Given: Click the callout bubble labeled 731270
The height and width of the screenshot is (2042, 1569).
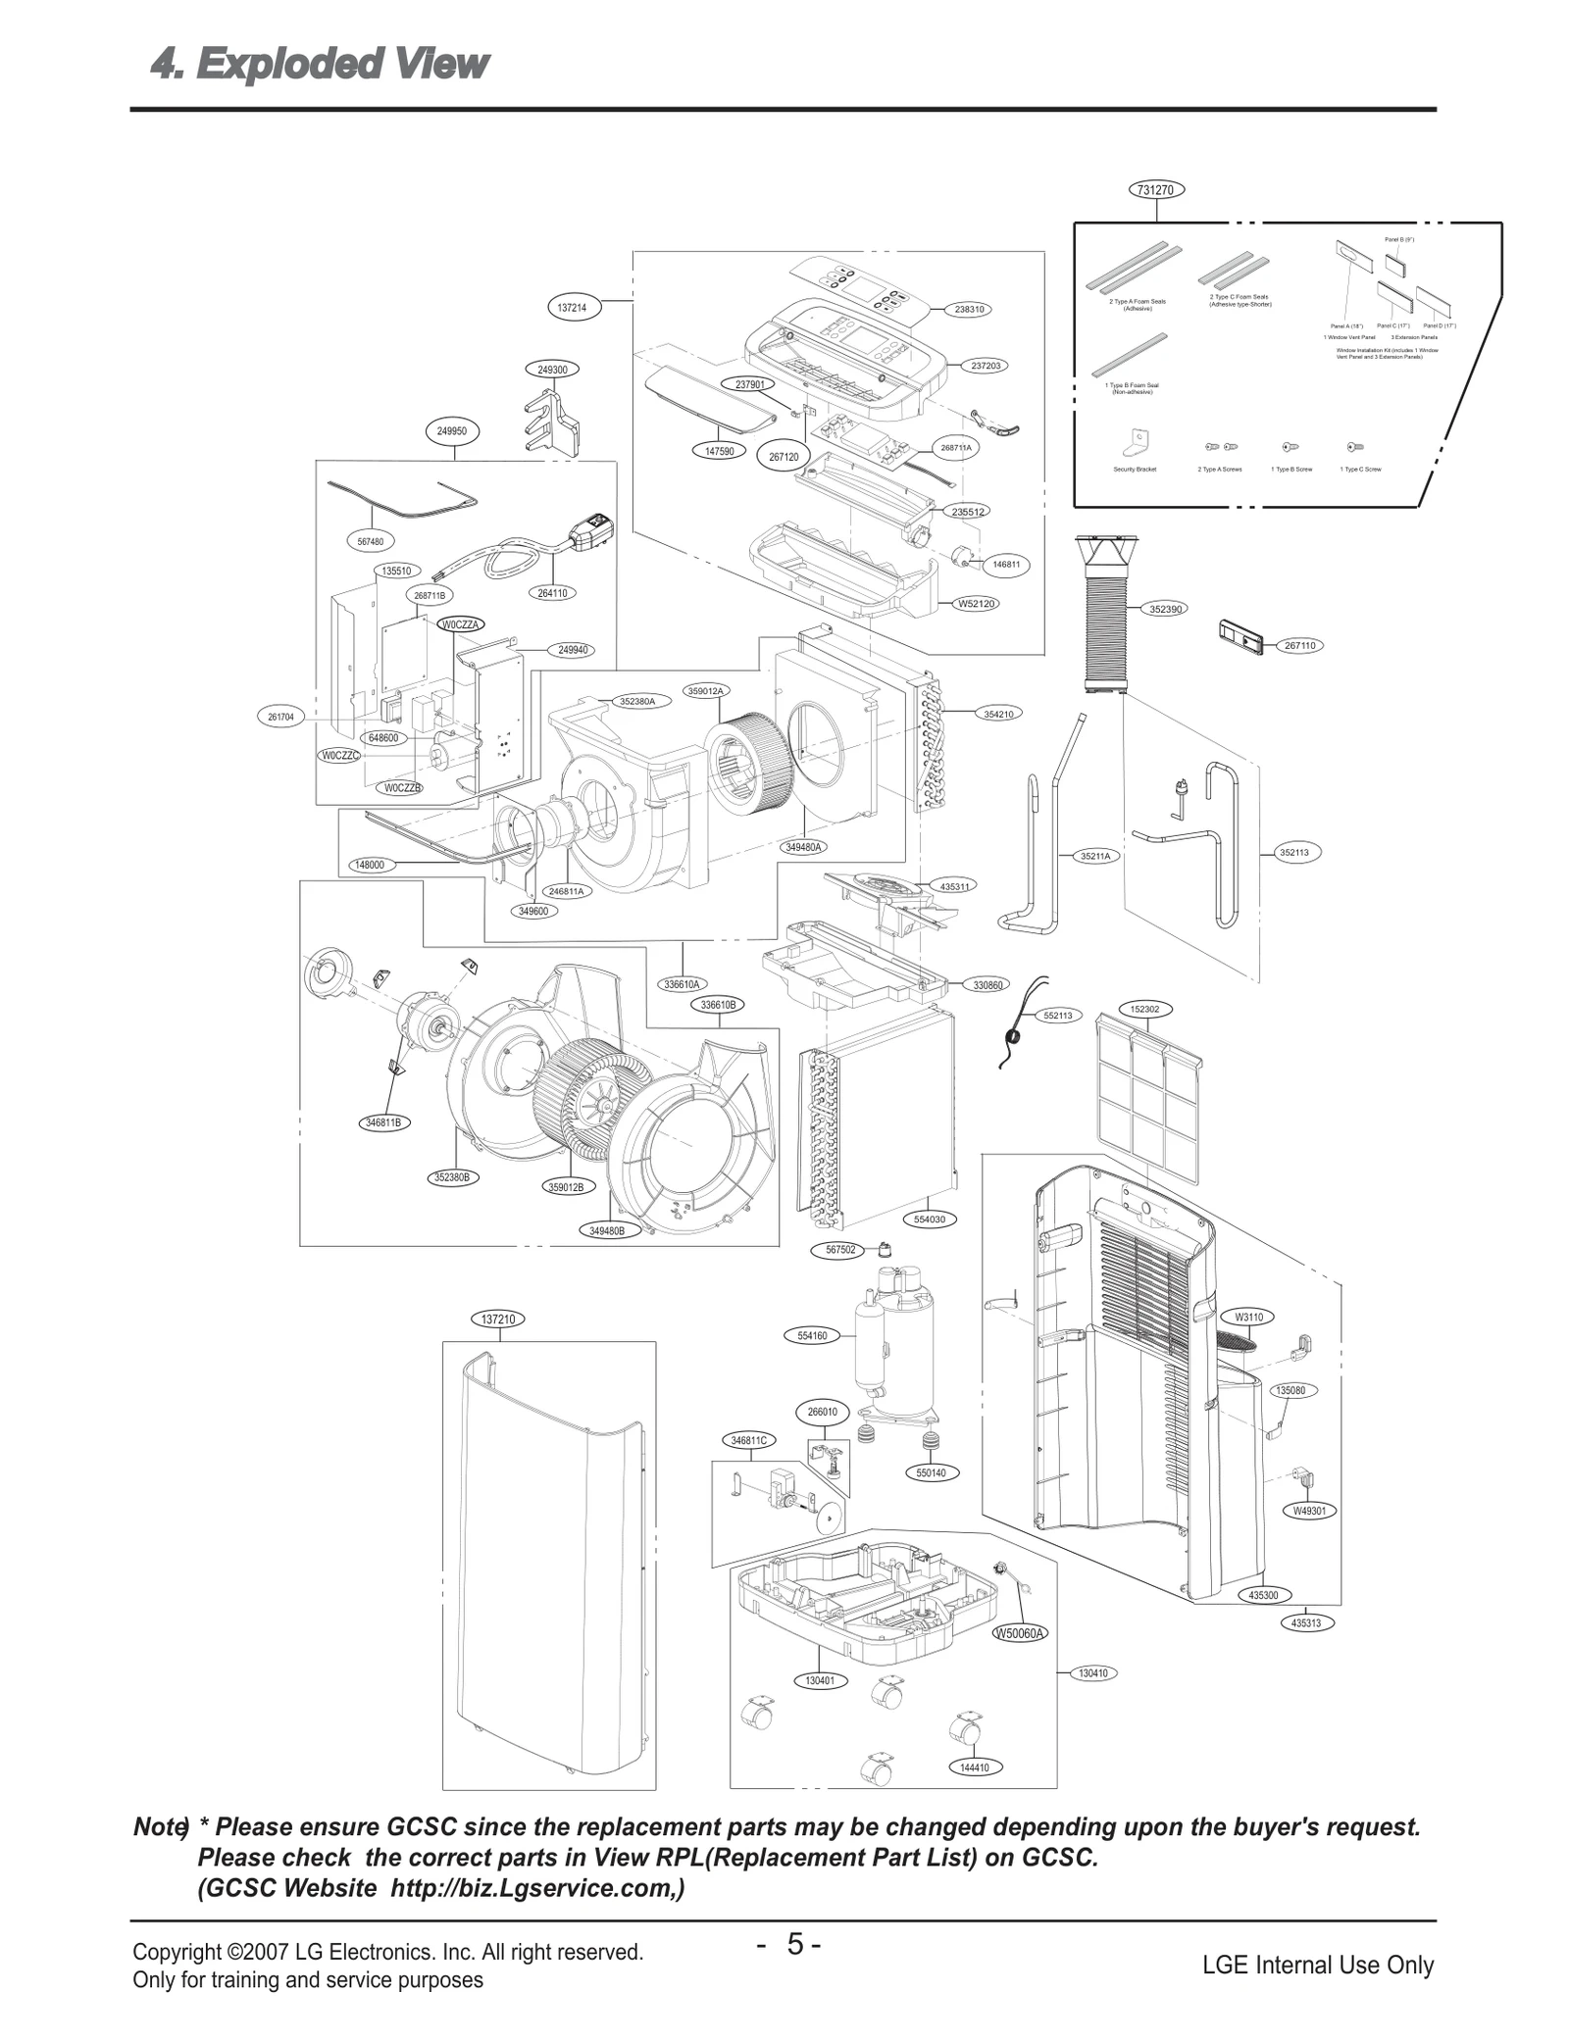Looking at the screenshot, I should [1157, 190].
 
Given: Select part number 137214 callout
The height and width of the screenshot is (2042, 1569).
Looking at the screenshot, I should [572, 308].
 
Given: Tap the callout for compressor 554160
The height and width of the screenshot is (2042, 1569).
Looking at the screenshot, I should [812, 1335].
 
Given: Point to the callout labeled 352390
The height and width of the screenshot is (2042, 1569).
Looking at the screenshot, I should [1165, 609].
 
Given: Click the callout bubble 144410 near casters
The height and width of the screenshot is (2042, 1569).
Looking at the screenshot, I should [975, 1768].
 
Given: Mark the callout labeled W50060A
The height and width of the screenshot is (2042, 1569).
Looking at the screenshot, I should [1020, 1633].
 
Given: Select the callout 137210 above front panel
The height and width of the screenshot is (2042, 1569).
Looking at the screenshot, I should [498, 1320].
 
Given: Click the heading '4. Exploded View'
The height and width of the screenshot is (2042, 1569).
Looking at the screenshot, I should [319, 65].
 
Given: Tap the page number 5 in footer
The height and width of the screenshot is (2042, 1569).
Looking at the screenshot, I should [794, 1943].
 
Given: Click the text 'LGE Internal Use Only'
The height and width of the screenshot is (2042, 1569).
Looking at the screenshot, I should [1317, 1965].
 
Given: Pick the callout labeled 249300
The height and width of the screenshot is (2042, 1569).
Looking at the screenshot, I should [552, 370].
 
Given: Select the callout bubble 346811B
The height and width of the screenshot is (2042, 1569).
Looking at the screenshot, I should [383, 1122].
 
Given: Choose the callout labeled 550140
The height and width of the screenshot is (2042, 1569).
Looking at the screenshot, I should [930, 1472].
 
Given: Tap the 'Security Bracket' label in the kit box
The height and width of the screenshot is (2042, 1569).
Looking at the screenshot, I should [1135, 470].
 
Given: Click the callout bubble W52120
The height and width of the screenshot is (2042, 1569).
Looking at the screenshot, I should [977, 604].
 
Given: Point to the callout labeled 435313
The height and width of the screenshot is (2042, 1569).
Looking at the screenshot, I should [1305, 1623].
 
